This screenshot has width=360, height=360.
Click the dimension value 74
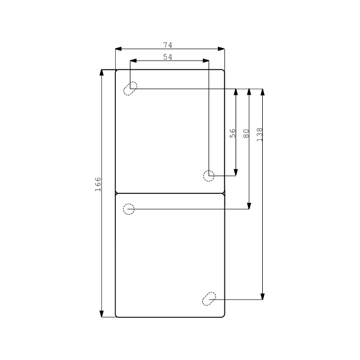[169, 45]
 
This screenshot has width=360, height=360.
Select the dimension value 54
[168, 57]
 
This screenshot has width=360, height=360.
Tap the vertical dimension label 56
[233, 133]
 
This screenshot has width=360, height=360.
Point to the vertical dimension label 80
[246, 133]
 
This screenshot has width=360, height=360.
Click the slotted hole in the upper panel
[130, 88]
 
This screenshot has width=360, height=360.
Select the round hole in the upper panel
[209, 175]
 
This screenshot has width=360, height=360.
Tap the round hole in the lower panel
[128, 209]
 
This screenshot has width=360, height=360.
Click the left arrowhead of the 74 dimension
[118, 49]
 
